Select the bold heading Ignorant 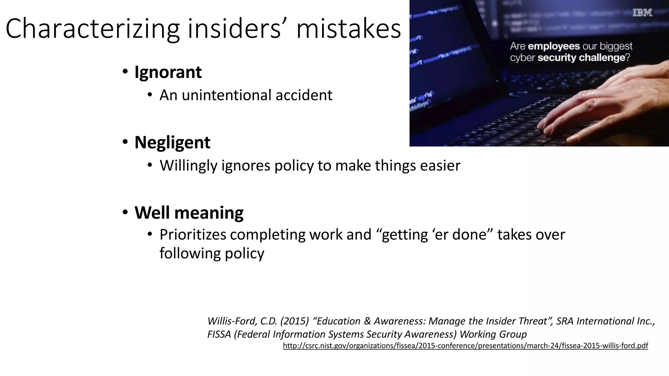(x=168, y=72)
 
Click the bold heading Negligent (x=172, y=142)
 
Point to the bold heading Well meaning (x=189, y=213)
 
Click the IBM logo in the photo (x=643, y=13)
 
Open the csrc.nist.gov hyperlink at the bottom (x=465, y=346)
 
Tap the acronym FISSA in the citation (x=219, y=334)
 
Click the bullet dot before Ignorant (x=125, y=72)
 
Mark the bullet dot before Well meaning (x=125, y=212)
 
